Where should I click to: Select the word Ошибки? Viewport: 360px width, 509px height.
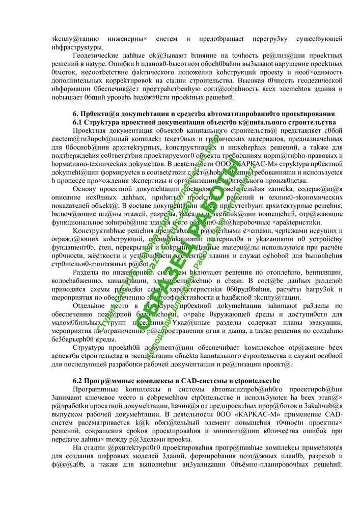[x=78, y=65]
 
